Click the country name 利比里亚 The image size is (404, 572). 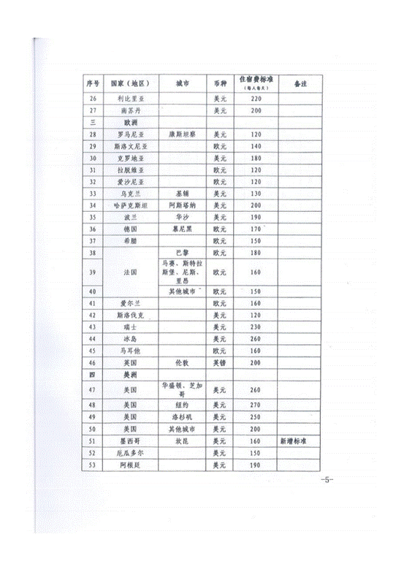tap(132, 98)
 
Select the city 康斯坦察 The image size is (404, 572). tap(183, 134)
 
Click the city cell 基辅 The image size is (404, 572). tap(183, 194)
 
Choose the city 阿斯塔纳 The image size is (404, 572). tap(183, 205)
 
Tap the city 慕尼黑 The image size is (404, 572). tap(183, 229)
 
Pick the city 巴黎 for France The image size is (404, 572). tap(183, 252)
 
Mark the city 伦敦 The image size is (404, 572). tap(183, 362)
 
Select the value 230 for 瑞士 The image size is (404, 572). tap(256, 327)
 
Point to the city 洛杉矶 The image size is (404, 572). tap(183, 416)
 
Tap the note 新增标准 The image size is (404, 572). tap(297, 441)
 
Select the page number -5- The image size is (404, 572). tap(326, 480)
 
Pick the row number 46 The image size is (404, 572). tap(93, 362)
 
